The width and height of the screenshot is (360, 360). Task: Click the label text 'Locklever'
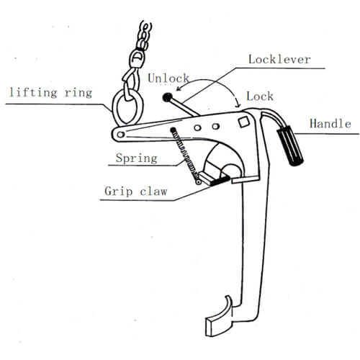point(279,59)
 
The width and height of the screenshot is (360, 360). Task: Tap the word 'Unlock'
point(168,78)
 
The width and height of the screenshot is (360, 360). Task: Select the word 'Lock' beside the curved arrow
point(260,96)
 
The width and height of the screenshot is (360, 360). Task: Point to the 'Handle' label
point(330,124)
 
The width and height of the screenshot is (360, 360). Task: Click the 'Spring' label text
point(137,158)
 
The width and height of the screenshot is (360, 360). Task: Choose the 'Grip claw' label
point(136,192)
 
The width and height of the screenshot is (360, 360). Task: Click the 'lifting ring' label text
point(50,93)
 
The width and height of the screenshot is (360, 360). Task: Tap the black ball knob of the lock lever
point(167,97)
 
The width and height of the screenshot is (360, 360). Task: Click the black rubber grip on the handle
point(290,145)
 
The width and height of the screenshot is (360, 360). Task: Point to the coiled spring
point(185,153)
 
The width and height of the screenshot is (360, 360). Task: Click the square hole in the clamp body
point(244,122)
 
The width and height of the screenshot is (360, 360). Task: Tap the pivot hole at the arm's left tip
point(120,135)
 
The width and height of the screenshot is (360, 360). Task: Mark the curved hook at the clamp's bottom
point(219,316)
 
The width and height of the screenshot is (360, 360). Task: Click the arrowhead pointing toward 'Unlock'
point(179,89)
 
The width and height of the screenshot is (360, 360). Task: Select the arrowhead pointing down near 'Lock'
point(238,104)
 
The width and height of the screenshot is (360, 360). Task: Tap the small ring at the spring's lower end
point(198,182)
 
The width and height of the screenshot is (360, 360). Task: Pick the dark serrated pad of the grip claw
point(220,181)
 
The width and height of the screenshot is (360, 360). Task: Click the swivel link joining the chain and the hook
point(137,59)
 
